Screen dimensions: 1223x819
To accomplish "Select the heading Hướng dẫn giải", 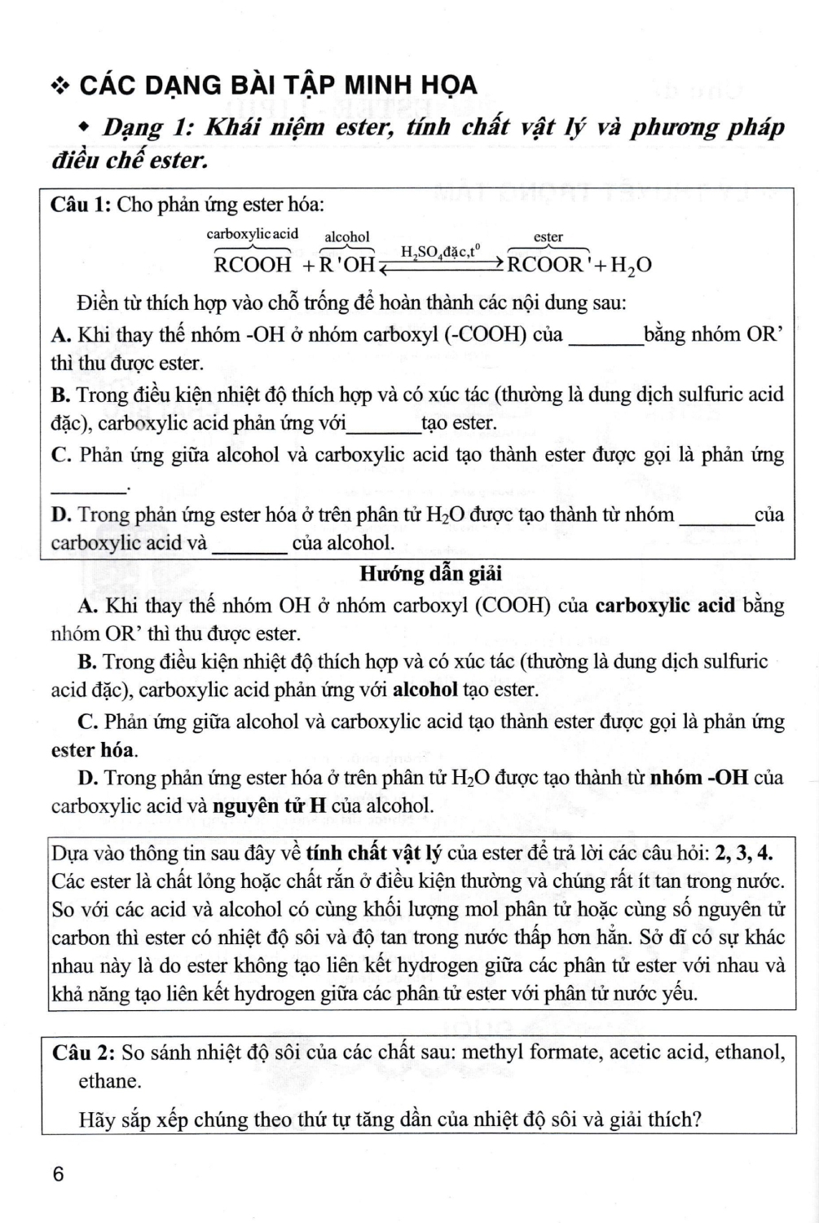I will pyautogui.click(x=430, y=574).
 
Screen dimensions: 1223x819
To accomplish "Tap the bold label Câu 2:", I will pyautogui.click(x=84, y=1053).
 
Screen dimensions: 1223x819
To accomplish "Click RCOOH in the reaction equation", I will pyautogui.click(x=252, y=265).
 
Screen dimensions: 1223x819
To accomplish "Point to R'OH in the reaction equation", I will pyautogui.click(x=346, y=265).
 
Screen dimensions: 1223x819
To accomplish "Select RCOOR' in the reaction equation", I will pyautogui.click(x=547, y=265).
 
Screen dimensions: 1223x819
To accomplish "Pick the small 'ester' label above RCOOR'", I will pyautogui.click(x=548, y=237).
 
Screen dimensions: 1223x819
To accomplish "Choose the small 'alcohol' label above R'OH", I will pyautogui.click(x=347, y=237).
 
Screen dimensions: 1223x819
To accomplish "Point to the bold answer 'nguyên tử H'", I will pyautogui.click(x=269, y=806).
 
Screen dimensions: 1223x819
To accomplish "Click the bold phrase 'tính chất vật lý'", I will pyautogui.click(x=374, y=854).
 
